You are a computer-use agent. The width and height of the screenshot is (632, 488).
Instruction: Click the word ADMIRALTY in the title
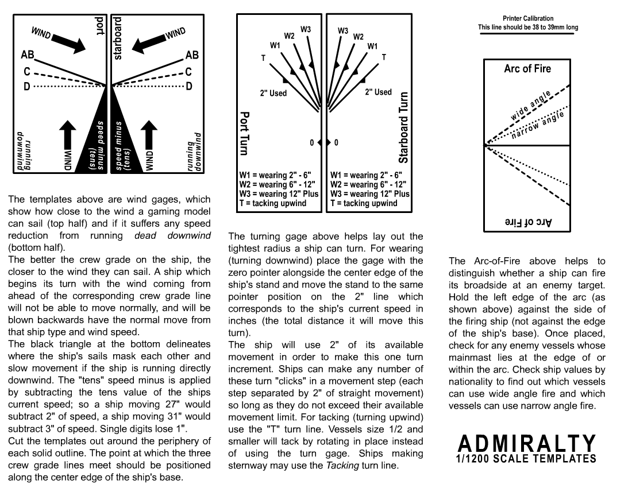point(527,443)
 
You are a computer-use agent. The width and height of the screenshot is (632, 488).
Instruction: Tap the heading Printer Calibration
point(528,19)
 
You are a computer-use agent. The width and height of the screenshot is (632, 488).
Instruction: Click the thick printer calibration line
point(528,34)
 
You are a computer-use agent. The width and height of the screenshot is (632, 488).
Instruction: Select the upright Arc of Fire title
point(527,69)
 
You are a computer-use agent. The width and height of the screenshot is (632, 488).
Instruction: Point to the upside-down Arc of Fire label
point(527,222)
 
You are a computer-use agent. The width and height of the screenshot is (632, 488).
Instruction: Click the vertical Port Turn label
point(244,133)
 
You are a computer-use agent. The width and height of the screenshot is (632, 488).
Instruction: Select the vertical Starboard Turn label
point(403,127)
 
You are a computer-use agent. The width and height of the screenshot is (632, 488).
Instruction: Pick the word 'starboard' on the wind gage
point(118,38)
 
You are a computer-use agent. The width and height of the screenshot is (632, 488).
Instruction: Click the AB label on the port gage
point(27,55)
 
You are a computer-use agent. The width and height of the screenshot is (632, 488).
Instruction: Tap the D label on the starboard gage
point(188,86)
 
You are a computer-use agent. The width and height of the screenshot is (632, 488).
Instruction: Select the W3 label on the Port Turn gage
point(306,29)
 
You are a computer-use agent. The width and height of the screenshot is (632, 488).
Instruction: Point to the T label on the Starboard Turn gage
point(384,57)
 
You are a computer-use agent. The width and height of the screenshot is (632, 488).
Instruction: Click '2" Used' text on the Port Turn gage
point(273,93)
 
